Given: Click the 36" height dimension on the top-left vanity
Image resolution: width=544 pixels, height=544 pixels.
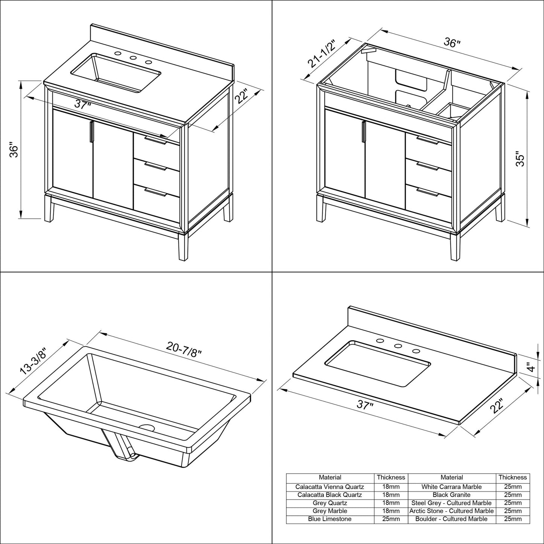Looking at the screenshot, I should pos(14,150).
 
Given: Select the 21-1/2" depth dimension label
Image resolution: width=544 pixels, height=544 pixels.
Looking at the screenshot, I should pos(323,52).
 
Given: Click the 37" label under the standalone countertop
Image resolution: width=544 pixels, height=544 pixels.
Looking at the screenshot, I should pos(365,405).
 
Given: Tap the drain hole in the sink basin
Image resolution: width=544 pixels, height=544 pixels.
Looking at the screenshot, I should pos(147,428).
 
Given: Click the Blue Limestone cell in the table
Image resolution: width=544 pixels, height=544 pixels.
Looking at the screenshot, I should pos(330,519).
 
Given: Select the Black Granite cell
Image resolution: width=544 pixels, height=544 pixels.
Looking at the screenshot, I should pos(451,495).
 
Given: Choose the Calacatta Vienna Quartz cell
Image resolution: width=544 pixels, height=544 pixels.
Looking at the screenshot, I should pos(330,487).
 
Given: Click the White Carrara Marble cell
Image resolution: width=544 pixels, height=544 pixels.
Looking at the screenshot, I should pos(451,487).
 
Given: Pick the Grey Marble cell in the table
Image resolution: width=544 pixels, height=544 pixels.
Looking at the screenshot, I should pos(330,511).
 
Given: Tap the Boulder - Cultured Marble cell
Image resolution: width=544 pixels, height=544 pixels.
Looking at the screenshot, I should pos(451,519).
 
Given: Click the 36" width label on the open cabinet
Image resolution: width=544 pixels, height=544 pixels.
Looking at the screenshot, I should pos(452,43).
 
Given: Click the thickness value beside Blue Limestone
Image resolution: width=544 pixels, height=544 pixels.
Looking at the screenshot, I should pos(391,519).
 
